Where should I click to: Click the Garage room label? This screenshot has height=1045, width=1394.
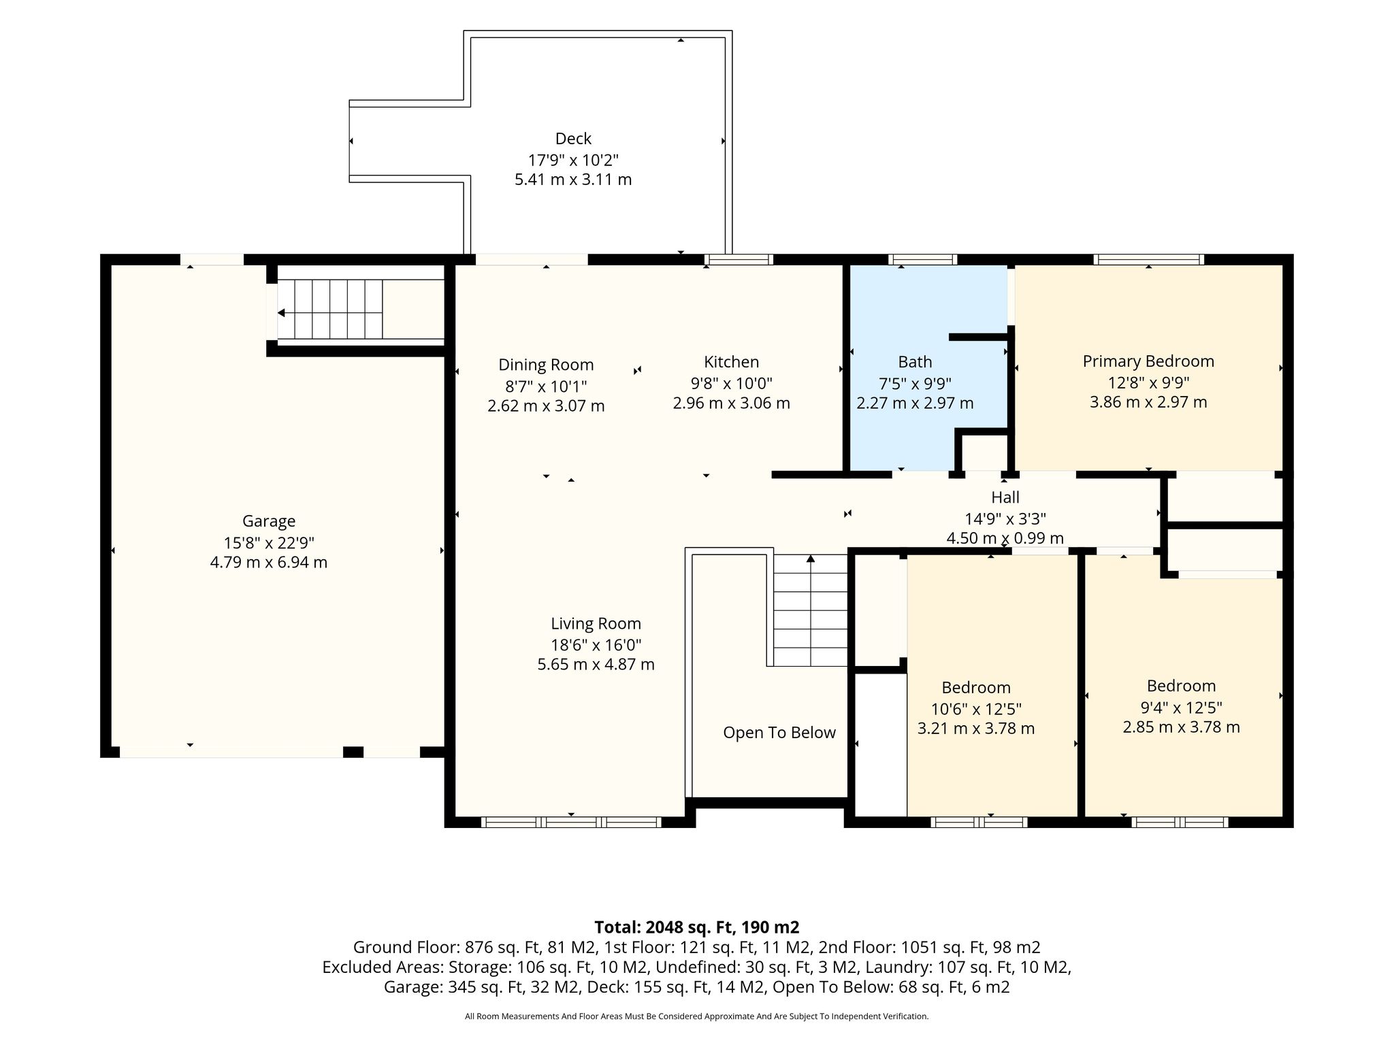(x=269, y=521)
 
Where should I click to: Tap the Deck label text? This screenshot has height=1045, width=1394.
(x=573, y=139)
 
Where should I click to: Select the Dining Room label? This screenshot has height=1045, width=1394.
(x=546, y=365)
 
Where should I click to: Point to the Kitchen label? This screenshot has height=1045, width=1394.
(x=731, y=362)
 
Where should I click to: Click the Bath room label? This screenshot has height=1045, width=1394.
(x=915, y=362)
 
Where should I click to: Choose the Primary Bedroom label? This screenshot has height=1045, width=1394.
(x=1148, y=361)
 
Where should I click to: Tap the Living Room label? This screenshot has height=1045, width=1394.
(x=596, y=624)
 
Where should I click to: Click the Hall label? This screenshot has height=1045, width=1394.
(x=1005, y=497)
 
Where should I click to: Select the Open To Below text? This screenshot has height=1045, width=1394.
(x=779, y=733)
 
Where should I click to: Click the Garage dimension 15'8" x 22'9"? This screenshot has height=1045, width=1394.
(x=269, y=543)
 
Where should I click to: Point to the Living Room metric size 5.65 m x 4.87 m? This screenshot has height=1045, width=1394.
(x=596, y=665)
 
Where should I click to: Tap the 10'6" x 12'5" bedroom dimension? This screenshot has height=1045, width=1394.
(x=976, y=709)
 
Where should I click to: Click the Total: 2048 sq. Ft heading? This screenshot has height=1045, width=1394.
(x=697, y=927)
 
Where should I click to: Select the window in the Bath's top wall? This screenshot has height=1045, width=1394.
(x=922, y=259)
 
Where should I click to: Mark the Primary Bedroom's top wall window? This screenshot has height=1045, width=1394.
(x=1148, y=259)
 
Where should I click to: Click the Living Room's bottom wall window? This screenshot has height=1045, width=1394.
(x=571, y=822)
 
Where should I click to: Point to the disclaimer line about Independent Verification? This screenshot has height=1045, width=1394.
(x=696, y=1016)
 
